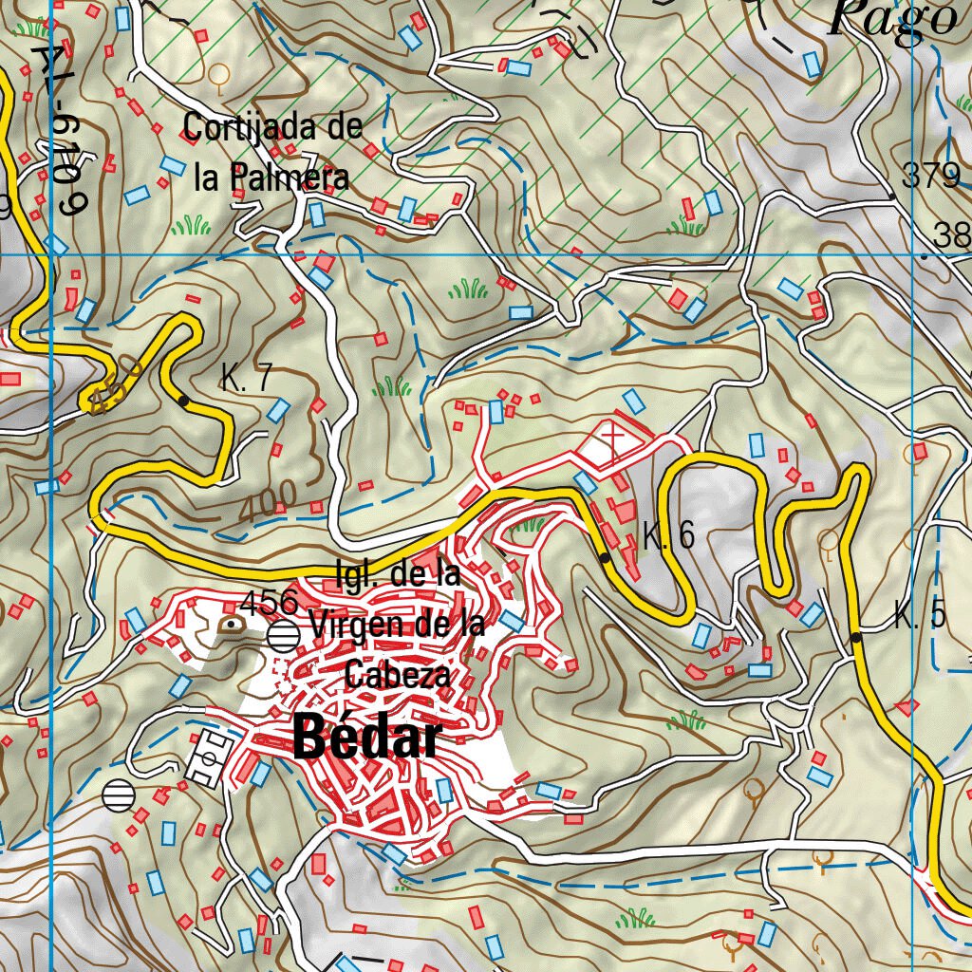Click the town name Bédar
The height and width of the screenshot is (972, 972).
click(367, 738)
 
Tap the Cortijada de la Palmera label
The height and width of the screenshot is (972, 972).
click(272, 152)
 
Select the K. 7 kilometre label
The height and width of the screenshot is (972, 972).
click(246, 379)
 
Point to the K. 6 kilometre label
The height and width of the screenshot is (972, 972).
click(668, 536)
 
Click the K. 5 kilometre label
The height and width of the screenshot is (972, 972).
click(920, 616)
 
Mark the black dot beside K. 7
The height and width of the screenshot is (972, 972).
click(183, 402)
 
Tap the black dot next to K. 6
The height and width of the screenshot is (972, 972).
click(605, 558)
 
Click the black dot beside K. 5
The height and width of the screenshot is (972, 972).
click(856, 637)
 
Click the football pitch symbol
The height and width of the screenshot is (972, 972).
click(209, 757)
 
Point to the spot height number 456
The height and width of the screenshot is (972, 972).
click(269, 601)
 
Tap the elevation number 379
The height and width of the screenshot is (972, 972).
click(930, 177)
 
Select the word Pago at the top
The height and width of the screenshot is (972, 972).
click(891, 19)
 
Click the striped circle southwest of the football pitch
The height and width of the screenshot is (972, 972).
click(119, 794)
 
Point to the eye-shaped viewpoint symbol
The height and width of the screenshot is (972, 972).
click(232, 625)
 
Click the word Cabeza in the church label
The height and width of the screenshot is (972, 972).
click(396, 675)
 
